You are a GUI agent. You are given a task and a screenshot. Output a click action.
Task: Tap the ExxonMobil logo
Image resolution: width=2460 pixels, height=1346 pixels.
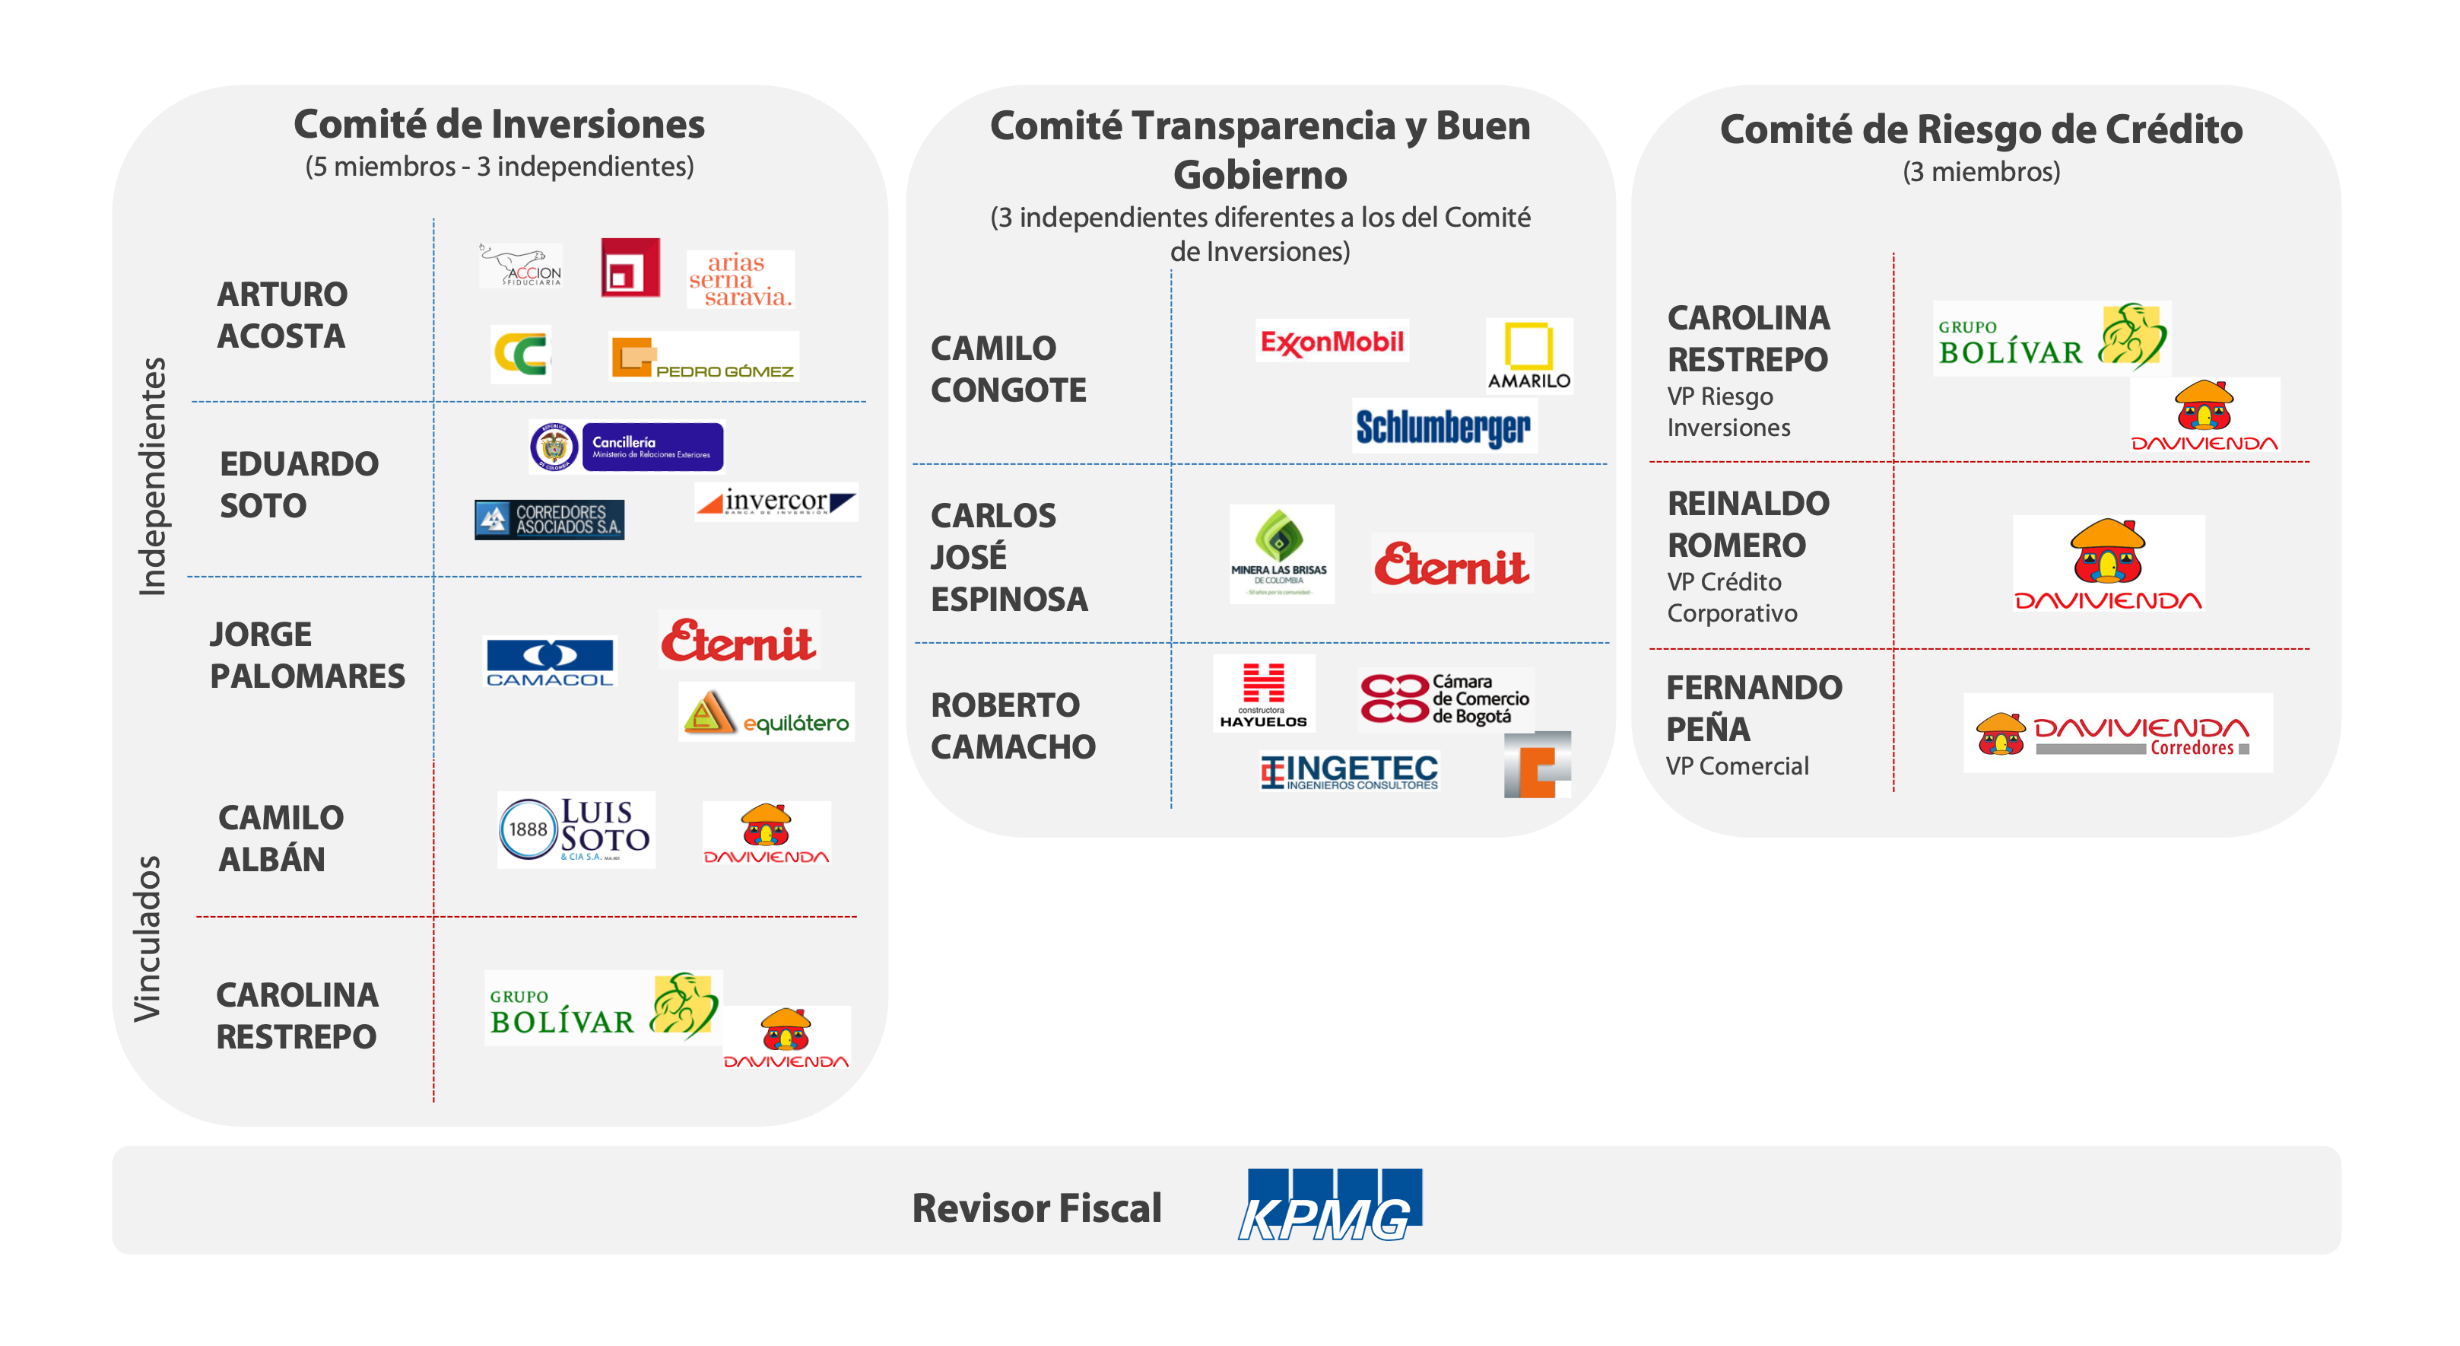pos(1332,341)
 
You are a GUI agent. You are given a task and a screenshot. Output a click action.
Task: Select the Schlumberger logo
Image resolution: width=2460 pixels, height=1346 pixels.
pos(1443,426)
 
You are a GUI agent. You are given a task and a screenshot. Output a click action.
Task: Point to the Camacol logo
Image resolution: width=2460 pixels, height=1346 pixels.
pos(549,661)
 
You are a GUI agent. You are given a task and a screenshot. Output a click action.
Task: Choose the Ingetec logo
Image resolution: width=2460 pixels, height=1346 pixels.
pos(1348,772)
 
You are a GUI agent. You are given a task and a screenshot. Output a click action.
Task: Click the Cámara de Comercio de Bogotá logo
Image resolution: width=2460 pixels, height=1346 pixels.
pos(1444,698)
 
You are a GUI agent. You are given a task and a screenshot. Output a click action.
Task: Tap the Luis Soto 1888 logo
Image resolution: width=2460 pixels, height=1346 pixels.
pos(576,829)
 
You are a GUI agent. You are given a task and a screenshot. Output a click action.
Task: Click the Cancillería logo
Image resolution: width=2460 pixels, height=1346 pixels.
pos(627,446)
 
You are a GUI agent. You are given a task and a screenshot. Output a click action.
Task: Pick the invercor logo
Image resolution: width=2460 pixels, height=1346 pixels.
pos(776,501)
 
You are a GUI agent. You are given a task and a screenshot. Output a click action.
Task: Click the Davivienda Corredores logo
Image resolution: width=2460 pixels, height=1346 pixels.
pos(2116,733)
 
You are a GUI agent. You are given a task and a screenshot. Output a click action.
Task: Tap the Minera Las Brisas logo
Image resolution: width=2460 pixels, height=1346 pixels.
pos(1281,553)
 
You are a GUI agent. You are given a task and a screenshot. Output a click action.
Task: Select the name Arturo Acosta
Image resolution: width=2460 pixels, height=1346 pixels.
pos(281,314)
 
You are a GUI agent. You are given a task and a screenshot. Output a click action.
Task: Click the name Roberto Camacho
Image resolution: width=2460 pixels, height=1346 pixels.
pos(1012,725)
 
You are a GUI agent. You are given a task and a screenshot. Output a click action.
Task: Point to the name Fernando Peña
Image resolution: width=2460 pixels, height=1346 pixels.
pos(1754,708)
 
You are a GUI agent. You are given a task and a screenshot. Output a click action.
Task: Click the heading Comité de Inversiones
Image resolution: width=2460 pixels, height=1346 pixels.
pos(499,124)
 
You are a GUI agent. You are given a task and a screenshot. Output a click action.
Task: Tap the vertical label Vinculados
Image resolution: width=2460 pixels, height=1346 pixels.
pos(148,938)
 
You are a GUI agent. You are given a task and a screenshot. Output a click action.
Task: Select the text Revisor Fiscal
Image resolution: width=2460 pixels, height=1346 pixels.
pos(1036,1208)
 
